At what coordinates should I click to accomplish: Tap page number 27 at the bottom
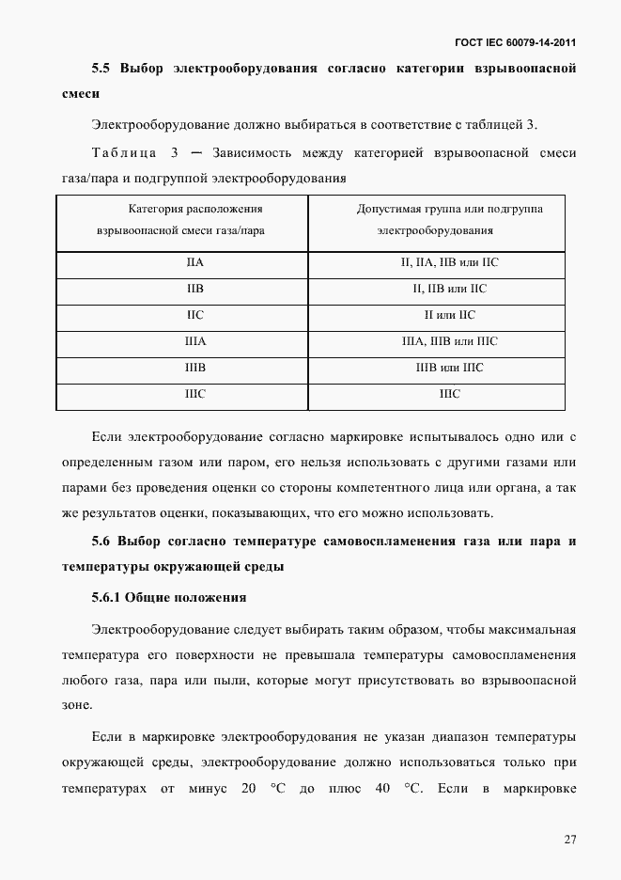tap(569, 840)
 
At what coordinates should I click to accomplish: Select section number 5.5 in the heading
tap(101, 69)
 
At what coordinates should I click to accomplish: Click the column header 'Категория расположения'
tap(182, 209)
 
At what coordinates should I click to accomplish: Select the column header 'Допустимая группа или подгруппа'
tap(450, 209)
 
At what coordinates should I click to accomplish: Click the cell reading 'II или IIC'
tap(450, 316)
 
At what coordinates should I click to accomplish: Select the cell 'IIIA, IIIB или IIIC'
tap(450, 342)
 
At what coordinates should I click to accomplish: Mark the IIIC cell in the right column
tap(450, 394)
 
